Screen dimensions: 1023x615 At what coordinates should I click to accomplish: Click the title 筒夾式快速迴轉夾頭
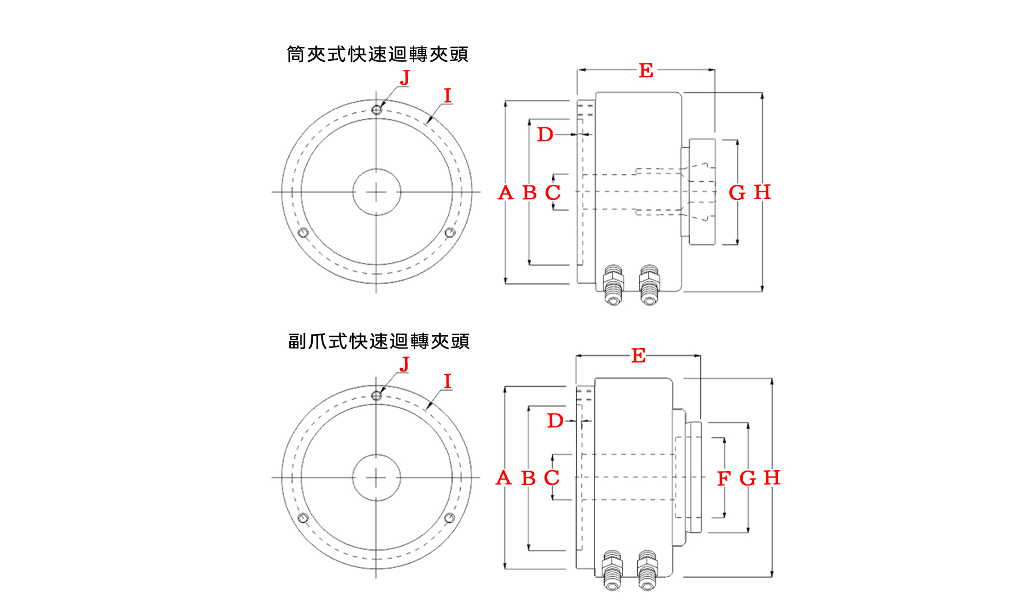click(x=378, y=54)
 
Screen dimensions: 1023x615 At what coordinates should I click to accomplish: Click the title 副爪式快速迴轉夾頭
click(x=379, y=341)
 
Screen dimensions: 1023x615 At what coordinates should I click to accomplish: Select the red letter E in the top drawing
click(x=646, y=70)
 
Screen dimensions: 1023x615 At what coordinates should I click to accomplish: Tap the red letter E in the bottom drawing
click(x=638, y=355)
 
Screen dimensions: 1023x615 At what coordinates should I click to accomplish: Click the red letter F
click(x=724, y=479)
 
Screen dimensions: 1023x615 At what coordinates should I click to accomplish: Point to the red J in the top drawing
click(x=405, y=77)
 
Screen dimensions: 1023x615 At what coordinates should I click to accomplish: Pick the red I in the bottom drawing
click(x=448, y=381)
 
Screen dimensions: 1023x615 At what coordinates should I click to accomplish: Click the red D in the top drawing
click(x=545, y=134)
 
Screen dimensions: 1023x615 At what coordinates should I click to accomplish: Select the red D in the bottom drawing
click(x=555, y=420)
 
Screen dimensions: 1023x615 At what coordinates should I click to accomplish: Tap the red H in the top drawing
click(x=762, y=192)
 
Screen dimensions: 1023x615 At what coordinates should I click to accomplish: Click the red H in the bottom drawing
click(x=772, y=478)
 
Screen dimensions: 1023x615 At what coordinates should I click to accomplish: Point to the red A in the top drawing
click(x=506, y=192)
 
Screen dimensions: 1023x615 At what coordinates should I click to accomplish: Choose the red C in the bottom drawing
click(x=552, y=478)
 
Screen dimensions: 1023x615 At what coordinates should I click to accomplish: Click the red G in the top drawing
click(x=737, y=192)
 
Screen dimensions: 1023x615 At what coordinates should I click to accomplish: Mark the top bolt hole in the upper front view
click(x=377, y=110)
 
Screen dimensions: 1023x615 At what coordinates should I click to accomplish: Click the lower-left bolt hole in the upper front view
click(x=303, y=232)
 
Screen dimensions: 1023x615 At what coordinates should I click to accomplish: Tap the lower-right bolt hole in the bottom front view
click(x=450, y=518)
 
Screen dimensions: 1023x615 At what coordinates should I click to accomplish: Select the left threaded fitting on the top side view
click(x=613, y=285)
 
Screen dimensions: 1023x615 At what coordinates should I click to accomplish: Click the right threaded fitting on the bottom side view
click(x=647, y=570)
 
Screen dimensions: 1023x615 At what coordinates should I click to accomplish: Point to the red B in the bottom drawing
click(x=529, y=478)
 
